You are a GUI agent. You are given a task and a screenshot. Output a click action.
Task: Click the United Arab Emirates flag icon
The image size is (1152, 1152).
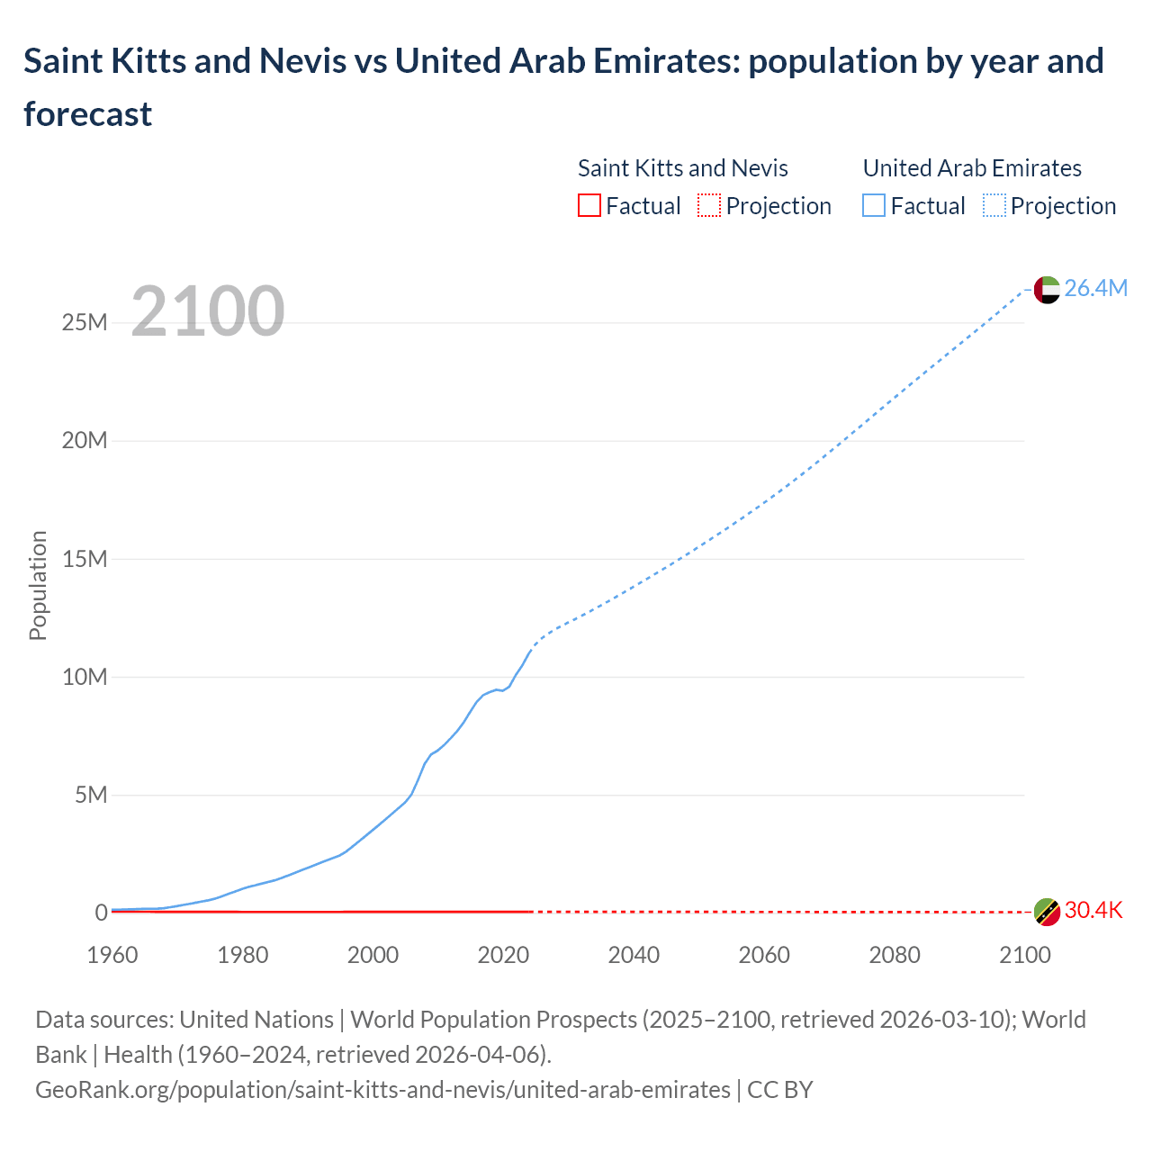1047,289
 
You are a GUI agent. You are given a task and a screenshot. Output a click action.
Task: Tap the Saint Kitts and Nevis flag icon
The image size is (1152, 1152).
1047,912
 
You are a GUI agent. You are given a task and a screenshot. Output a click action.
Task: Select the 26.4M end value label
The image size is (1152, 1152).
1095,288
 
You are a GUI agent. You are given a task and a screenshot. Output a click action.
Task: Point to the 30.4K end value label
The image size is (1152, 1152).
1093,911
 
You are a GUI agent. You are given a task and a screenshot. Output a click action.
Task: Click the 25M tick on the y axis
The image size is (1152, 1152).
85,322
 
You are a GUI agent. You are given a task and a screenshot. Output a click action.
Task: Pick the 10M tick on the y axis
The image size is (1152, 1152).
85,677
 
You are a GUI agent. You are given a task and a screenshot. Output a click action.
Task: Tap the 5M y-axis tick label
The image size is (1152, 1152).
91,795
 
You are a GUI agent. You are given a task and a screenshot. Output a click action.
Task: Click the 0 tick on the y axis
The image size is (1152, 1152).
101,913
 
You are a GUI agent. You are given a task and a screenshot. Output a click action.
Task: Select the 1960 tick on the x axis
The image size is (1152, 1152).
112,955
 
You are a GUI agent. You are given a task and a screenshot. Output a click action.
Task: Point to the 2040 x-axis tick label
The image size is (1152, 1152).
634,955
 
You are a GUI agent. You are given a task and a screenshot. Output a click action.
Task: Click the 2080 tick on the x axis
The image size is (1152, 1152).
895,955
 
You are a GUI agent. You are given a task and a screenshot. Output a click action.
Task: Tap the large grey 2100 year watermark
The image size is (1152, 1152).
208,311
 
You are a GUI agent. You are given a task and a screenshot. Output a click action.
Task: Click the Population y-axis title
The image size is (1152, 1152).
38,585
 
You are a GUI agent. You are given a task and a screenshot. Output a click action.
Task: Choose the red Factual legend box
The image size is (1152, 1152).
589,206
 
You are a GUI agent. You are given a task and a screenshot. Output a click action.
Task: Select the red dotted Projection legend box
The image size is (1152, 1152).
709,206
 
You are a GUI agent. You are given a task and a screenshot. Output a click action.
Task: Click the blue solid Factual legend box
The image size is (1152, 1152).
874,206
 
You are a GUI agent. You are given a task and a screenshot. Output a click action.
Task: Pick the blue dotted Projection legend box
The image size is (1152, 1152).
994,206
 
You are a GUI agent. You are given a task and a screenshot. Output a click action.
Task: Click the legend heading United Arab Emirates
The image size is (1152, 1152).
972,168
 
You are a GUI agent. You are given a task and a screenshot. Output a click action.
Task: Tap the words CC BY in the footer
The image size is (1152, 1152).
780,1090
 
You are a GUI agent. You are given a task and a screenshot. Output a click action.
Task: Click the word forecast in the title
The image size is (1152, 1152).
88,114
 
